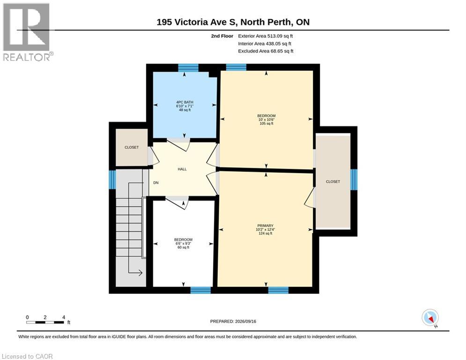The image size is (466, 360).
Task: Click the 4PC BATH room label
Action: pyautogui.click(x=185, y=102)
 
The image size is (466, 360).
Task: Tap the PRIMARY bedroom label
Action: pyautogui.click(x=265, y=226)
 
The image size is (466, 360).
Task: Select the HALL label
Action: pyautogui.click(x=182, y=169)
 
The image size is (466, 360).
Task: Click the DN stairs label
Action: pyautogui.click(x=156, y=183)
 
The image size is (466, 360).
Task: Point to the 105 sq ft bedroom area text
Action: pyautogui.click(x=266, y=123)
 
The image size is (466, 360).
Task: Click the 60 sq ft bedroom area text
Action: pyautogui.click(x=184, y=247)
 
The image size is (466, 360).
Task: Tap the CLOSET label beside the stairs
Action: pyautogui.click(x=132, y=147)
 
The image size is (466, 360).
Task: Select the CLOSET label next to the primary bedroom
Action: pyautogui.click(x=333, y=181)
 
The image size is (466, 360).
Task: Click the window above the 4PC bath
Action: pyautogui.click(x=188, y=68)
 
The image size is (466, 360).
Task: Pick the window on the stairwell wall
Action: pyautogui.click(x=112, y=180)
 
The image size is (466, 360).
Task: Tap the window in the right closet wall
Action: pyautogui.click(x=354, y=180)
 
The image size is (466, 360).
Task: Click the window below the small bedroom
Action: pyautogui.click(x=200, y=290)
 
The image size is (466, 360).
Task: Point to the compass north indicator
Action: pyautogui.click(x=430, y=318)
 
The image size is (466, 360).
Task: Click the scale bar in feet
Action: pyautogui.click(x=45, y=322)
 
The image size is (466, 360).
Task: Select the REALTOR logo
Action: pyautogui.click(x=27, y=32)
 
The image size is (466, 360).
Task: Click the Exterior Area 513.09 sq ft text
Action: pyautogui.click(x=266, y=36)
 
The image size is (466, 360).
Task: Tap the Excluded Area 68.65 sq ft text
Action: pyautogui.click(x=266, y=51)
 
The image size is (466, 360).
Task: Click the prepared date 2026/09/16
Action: pyautogui.click(x=245, y=321)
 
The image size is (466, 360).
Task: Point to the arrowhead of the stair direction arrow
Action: pyautogui.click(x=141, y=272)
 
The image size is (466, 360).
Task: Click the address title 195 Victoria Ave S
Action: pyautogui.click(x=196, y=22)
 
